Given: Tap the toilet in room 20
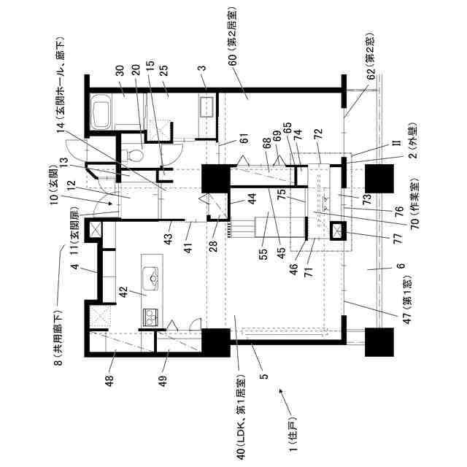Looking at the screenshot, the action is (132, 155).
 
